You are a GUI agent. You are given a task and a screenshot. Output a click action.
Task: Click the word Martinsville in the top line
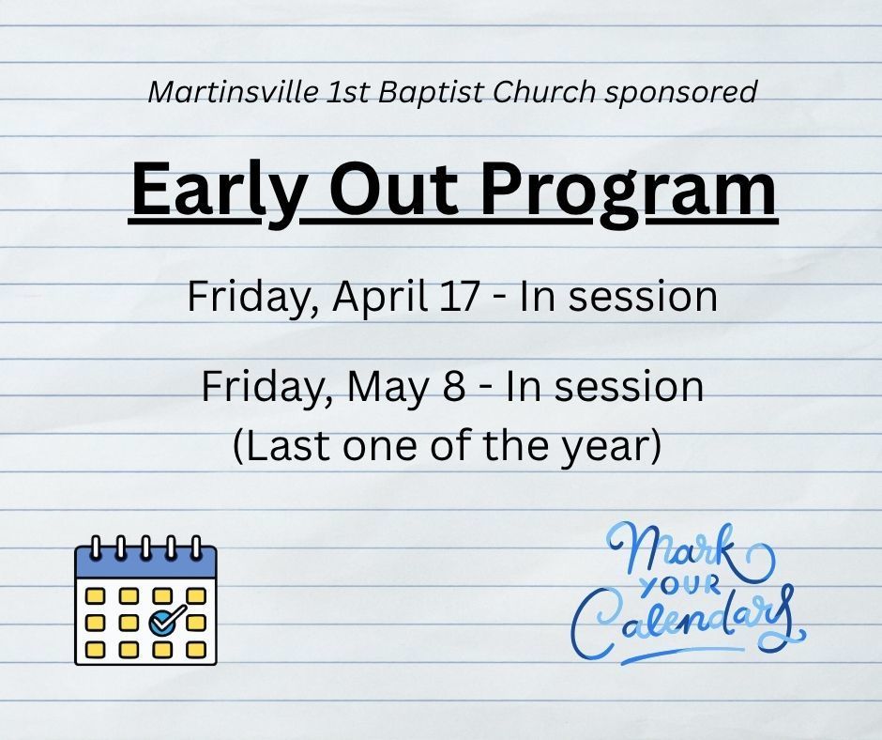pyautogui.click(x=233, y=91)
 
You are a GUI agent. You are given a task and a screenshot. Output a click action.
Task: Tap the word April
pyautogui.click(x=379, y=298)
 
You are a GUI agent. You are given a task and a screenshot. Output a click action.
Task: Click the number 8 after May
pyautogui.click(x=453, y=388)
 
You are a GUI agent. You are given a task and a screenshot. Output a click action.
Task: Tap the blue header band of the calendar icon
pyautogui.click(x=145, y=563)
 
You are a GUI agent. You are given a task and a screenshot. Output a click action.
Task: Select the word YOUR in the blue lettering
pyautogui.click(x=680, y=587)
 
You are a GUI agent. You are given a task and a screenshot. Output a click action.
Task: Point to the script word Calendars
pyautogui.click(x=688, y=623)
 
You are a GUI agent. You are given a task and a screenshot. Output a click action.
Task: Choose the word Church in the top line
pyautogui.click(x=543, y=91)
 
